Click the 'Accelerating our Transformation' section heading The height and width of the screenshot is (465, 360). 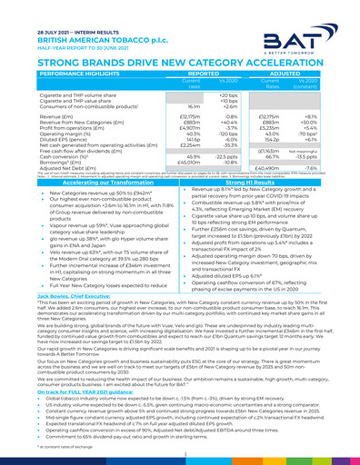[x=89, y=183]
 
